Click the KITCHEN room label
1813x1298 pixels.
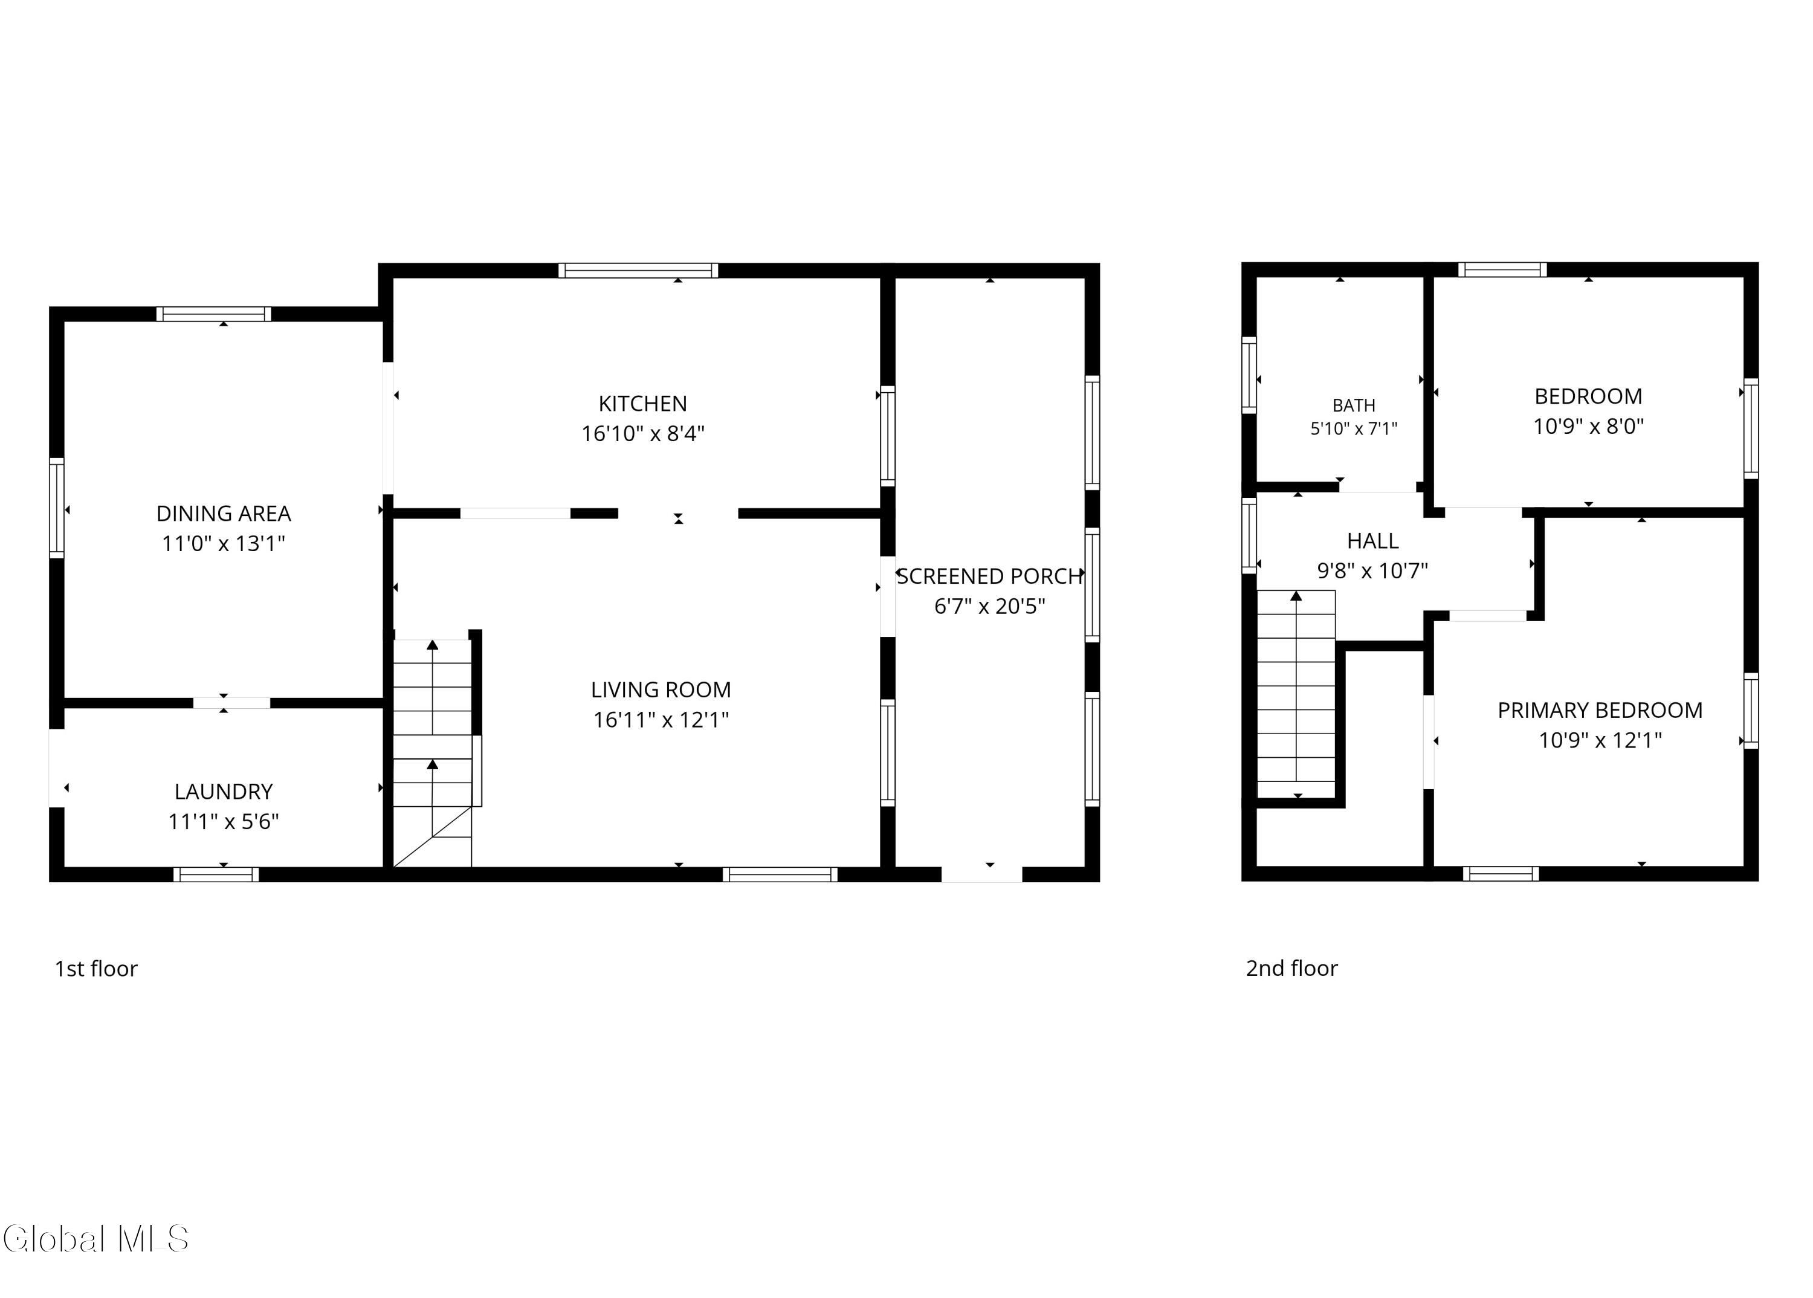click(x=642, y=404)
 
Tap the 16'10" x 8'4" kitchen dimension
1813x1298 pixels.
click(x=642, y=434)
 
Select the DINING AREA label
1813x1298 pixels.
click(x=224, y=514)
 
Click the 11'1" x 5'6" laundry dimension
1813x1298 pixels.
click(x=224, y=822)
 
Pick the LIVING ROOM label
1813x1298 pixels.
click(x=661, y=689)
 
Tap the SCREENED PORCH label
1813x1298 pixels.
click(x=990, y=576)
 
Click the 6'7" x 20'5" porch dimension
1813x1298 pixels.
click(x=990, y=607)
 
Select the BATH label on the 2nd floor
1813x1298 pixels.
click(x=1354, y=406)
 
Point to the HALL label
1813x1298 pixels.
click(x=1372, y=541)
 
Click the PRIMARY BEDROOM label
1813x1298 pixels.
click(x=1600, y=711)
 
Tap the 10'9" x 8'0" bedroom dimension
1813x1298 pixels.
click(x=1588, y=427)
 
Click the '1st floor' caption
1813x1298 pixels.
click(x=96, y=969)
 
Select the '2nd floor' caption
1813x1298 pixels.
click(x=1292, y=969)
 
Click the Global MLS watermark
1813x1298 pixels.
click(x=96, y=1239)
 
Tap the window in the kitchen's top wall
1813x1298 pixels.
click(x=638, y=270)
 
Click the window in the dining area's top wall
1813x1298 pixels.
click(x=213, y=314)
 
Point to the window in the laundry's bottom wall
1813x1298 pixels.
click(x=216, y=874)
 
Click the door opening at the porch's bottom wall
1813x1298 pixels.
click(x=981, y=874)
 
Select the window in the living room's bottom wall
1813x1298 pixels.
click(x=780, y=874)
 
